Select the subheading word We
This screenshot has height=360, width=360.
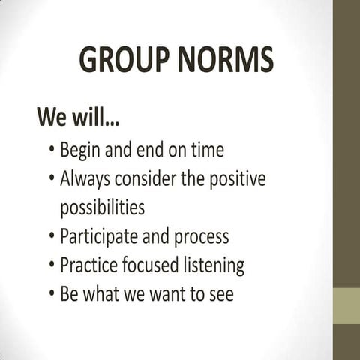tap(55, 118)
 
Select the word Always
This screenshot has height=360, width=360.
tap(86, 180)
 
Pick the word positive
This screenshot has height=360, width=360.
tap(238, 181)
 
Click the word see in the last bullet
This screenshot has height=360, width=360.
tap(220, 294)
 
